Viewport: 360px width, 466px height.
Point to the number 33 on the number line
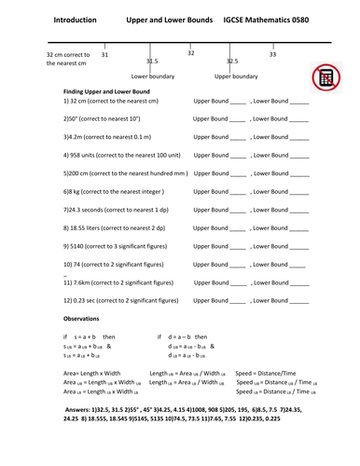[x=272, y=55]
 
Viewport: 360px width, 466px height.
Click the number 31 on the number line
[x=104, y=55]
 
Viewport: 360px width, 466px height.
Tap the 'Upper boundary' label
[x=237, y=76]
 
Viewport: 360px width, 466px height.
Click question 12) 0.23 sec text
[x=118, y=300]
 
